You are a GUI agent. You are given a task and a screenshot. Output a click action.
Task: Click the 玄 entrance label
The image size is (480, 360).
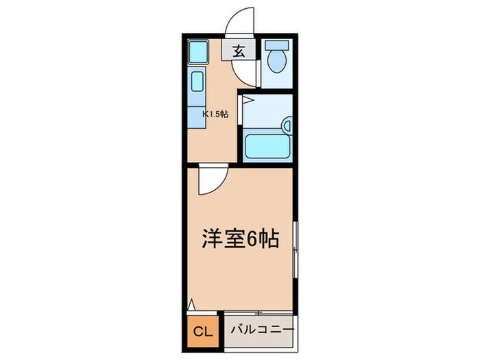pos(239,51)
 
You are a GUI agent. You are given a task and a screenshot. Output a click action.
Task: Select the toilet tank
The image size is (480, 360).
pos(278,47)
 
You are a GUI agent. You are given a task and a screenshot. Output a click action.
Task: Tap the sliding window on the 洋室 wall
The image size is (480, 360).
pos(296,250)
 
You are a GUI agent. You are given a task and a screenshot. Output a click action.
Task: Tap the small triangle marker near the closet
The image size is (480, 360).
pos(191,304)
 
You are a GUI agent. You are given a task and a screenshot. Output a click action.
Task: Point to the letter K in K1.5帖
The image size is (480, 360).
pos(204,115)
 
